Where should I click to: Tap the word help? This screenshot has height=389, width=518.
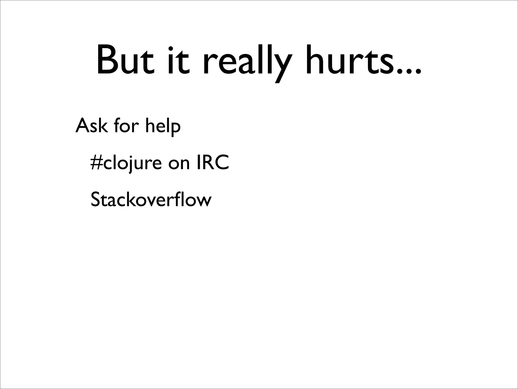[163, 126]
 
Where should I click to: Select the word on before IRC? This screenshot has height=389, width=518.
[179, 164]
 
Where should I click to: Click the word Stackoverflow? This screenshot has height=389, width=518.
[151, 200]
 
